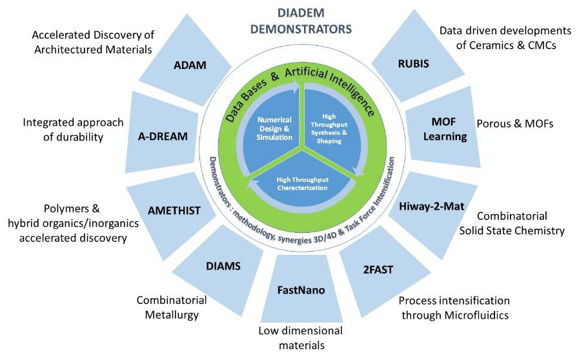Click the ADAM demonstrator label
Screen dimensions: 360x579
(x=188, y=65)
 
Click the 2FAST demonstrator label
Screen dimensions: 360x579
(x=378, y=269)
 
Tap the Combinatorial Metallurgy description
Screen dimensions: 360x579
(x=171, y=308)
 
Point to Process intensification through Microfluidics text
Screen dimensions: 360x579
(x=454, y=308)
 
